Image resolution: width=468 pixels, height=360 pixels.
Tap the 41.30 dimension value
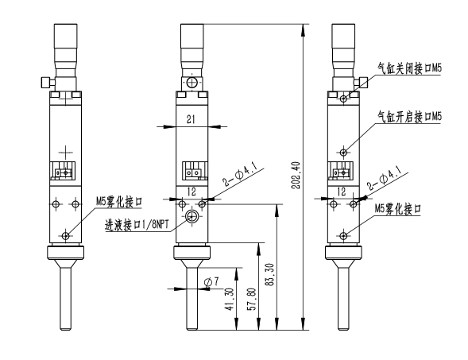(230, 302)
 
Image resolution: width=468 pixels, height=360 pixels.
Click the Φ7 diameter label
(211, 282)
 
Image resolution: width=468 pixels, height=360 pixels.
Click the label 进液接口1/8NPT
(137, 225)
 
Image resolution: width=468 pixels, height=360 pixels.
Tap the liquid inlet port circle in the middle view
(191, 217)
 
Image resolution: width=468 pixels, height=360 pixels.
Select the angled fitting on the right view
(363, 81)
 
